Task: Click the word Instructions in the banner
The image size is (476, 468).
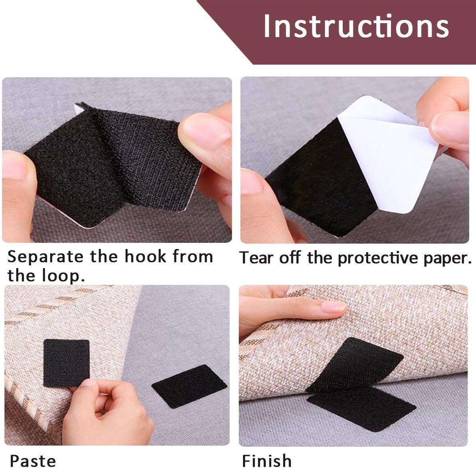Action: click(x=356, y=26)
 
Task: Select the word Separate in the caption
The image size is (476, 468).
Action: click(x=45, y=257)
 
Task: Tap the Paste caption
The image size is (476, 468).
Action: click(x=33, y=461)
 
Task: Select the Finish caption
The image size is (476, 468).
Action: click(x=267, y=461)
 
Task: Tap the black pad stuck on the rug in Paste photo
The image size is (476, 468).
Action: click(x=66, y=363)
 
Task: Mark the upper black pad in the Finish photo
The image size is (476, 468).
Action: click(x=354, y=364)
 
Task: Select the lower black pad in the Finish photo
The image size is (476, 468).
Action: click(x=361, y=408)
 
